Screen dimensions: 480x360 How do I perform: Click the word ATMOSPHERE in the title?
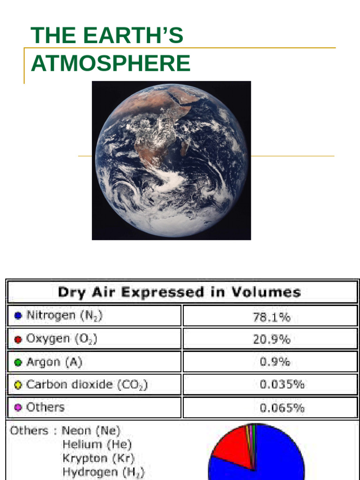[111, 63]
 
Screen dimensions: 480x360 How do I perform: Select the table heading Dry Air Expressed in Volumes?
[179, 292]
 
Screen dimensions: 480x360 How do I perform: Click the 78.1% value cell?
[271, 317]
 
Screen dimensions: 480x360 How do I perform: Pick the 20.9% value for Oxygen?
[271, 339]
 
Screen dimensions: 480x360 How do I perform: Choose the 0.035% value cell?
[282, 385]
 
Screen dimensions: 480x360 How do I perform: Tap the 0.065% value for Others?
[282, 408]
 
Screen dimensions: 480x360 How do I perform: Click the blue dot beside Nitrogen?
[18, 316]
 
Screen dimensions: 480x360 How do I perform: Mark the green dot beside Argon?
[18, 362]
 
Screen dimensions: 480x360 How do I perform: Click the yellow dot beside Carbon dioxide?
[18, 385]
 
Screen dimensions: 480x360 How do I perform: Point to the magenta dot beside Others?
[18, 408]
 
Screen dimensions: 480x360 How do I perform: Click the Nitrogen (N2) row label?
[64, 315]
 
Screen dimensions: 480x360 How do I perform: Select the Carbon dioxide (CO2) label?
[87, 385]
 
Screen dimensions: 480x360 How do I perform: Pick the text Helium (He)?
[97, 444]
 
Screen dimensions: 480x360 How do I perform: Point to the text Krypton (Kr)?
[98, 458]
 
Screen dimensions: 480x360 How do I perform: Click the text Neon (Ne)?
[91, 430]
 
